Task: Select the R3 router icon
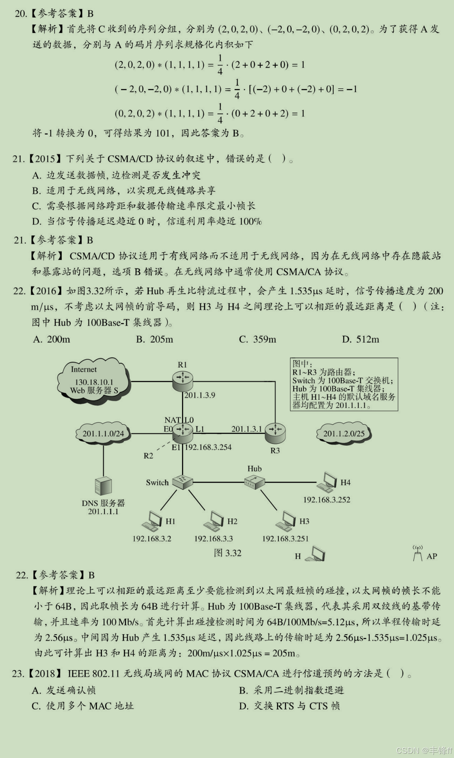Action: (275, 432)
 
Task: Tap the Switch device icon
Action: (183, 482)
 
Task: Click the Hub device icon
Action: (255, 482)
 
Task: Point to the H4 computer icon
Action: (327, 483)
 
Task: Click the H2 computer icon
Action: (214, 521)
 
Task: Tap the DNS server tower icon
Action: (103, 486)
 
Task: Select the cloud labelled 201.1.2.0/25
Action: (344, 434)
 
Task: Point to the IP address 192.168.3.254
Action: (208, 447)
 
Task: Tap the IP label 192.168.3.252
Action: (327, 500)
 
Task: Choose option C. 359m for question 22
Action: (257, 339)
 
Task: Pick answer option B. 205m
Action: (155, 339)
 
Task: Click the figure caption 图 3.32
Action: (228, 553)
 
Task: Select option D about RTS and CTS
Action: (289, 706)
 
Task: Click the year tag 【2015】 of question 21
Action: (45, 159)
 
